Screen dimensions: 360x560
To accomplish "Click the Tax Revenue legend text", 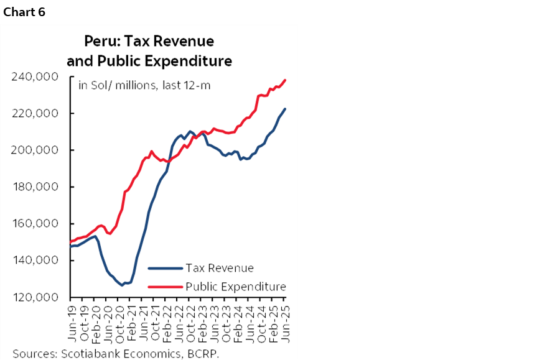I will (x=220, y=268).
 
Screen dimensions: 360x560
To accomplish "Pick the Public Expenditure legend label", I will (x=236, y=287).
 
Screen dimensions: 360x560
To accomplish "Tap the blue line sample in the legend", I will (x=166, y=269).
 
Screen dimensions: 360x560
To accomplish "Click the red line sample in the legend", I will (x=166, y=287).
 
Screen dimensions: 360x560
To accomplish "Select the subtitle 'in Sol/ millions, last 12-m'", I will (x=144, y=85).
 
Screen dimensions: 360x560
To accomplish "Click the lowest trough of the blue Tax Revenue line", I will (x=122, y=285).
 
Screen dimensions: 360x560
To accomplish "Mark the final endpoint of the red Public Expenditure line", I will (x=285, y=80).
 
